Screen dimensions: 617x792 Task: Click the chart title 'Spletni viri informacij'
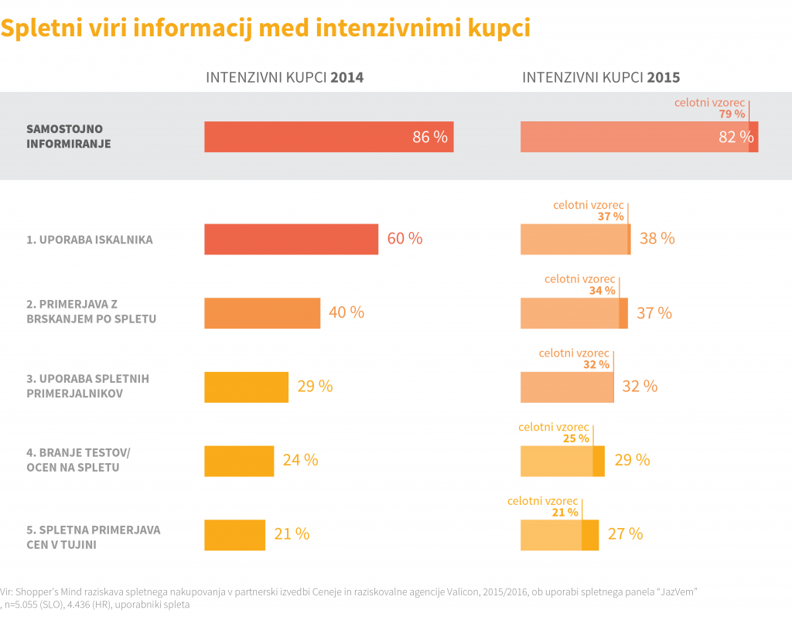pyautogui.click(x=265, y=28)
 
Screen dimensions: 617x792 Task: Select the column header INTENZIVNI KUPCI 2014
pyautogui.click(x=284, y=78)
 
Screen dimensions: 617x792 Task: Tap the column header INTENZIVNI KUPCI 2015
pyautogui.click(x=601, y=78)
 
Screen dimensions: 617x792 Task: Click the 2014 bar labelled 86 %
pyautogui.click(x=329, y=137)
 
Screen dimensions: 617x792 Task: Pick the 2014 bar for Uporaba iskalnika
pyautogui.click(x=291, y=239)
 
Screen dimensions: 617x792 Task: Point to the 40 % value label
pyautogui.click(x=346, y=312)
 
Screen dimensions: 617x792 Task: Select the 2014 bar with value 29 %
pyautogui.click(x=246, y=387)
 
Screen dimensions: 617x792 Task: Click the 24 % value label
pyautogui.click(x=300, y=460)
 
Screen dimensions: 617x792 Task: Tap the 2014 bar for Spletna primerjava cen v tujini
pyautogui.click(x=234, y=534)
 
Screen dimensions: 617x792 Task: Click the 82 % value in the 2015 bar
pyautogui.click(x=736, y=138)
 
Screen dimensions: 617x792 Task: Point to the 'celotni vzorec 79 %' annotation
pyautogui.click(x=710, y=107)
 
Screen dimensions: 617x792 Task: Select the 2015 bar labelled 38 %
pyautogui.click(x=575, y=239)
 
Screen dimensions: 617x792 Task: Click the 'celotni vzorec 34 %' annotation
pyautogui.click(x=580, y=285)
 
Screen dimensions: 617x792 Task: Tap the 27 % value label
pyautogui.click(x=625, y=534)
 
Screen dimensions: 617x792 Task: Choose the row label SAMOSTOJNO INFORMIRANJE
pyautogui.click(x=68, y=136)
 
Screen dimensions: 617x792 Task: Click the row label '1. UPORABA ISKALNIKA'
pyautogui.click(x=90, y=240)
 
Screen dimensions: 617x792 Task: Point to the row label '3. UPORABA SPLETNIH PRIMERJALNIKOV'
pyautogui.click(x=87, y=386)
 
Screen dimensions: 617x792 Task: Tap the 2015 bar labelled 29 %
pyautogui.click(x=562, y=461)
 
